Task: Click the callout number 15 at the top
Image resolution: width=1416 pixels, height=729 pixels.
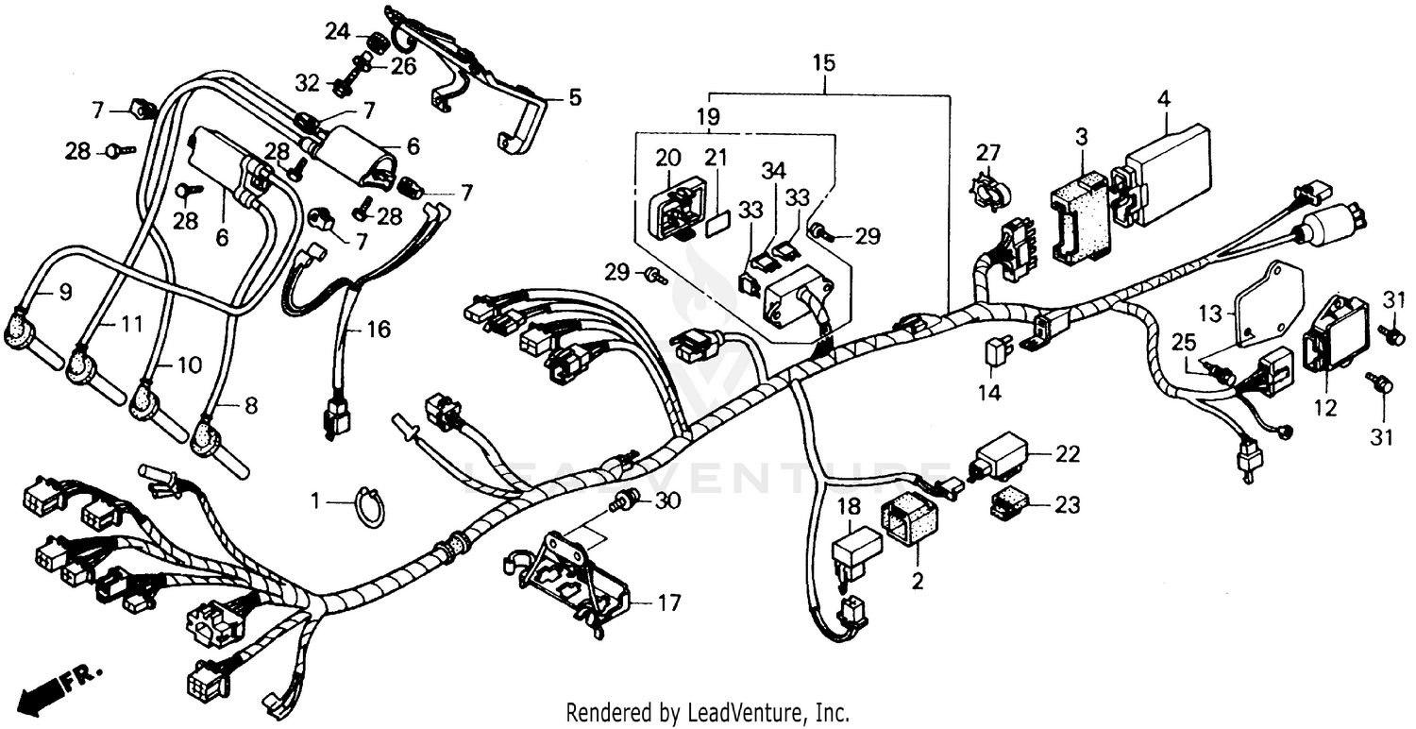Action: pos(823,65)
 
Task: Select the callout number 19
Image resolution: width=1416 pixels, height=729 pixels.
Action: pos(708,118)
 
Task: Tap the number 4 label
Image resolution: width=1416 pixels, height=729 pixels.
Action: pos(1164,98)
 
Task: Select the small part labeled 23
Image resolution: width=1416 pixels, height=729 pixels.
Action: pos(1007,505)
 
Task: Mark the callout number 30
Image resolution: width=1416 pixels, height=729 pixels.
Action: pos(667,502)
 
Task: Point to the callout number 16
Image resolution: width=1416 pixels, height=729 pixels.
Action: pos(378,331)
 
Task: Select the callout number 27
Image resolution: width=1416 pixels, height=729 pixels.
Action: pos(987,153)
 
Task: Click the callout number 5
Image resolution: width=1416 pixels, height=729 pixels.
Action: pos(574,97)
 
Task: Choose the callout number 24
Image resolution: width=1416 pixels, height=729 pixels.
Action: pos(337,32)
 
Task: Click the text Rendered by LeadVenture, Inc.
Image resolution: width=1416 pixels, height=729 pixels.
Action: pos(707,711)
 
